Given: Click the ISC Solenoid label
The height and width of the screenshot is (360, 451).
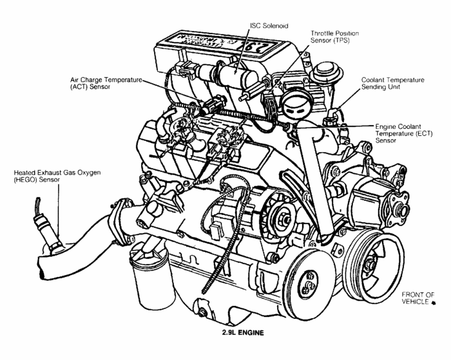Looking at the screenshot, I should pyautogui.click(x=269, y=26).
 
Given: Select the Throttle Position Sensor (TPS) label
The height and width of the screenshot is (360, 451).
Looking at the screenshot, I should pyautogui.click(x=334, y=37).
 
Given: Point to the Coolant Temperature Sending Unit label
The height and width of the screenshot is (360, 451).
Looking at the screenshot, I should pyautogui.click(x=393, y=83).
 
